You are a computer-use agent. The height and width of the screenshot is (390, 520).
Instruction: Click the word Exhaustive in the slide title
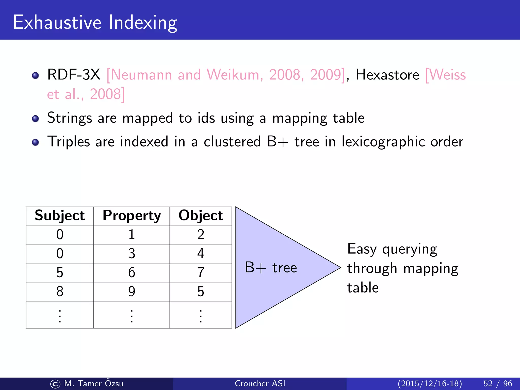[x=57, y=22]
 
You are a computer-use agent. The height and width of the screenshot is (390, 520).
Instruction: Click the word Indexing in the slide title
[x=143, y=23]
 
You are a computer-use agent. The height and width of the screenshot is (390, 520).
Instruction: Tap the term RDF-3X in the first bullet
[x=74, y=75]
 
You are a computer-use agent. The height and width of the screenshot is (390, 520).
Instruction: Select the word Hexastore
[x=387, y=75]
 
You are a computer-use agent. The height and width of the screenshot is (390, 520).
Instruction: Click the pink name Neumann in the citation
[x=141, y=75]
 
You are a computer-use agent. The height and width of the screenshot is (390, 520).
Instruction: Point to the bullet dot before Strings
[x=36, y=119]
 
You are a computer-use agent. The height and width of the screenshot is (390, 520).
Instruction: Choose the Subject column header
[x=60, y=216]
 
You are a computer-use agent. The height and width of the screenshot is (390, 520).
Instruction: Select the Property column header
[x=132, y=216]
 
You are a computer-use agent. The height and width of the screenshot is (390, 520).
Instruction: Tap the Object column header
[x=201, y=216]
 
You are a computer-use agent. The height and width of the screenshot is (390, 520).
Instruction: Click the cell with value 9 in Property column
[x=132, y=292]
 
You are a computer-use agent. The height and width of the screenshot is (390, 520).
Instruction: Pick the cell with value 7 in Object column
[x=201, y=273]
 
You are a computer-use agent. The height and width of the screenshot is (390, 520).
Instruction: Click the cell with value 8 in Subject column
[x=60, y=292]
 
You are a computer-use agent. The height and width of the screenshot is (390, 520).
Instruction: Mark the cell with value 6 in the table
[x=132, y=273]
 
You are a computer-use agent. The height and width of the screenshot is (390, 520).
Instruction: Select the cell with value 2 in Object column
[x=201, y=235]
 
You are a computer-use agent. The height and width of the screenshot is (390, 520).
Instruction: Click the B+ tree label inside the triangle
[x=271, y=268]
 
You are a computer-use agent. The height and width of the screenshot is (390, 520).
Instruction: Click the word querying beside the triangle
[x=410, y=249]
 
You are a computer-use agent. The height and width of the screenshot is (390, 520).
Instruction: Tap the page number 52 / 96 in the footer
[x=498, y=383]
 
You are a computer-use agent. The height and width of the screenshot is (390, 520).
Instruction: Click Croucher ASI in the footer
[x=260, y=383]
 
